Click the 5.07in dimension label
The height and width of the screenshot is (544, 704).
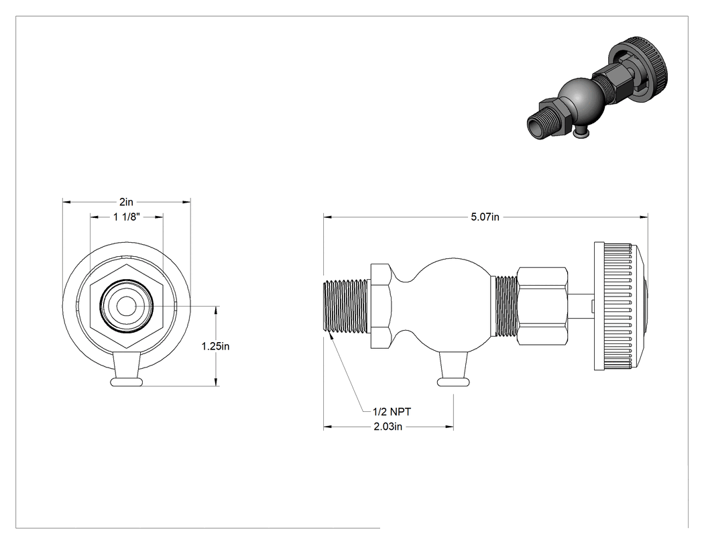[x=485, y=217]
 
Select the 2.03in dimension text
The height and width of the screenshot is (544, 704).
[x=388, y=427]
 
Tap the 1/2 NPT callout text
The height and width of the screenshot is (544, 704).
[x=392, y=411]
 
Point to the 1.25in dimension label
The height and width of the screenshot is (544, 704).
[x=215, y=346]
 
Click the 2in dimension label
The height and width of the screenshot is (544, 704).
[x=126, y=202]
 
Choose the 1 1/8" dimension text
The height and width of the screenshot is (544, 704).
[x=127, y=217]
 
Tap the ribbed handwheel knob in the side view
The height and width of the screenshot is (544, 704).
[x=621, y=307]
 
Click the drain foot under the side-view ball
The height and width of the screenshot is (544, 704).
[x=453, y=369]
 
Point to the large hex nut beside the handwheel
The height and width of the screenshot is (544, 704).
[x=542, y=307]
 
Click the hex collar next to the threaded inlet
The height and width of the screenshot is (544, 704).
[x=382, y=307]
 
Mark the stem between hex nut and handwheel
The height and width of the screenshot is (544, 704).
[x=581, y=307]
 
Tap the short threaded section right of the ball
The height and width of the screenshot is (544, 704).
[x=505, y=307]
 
